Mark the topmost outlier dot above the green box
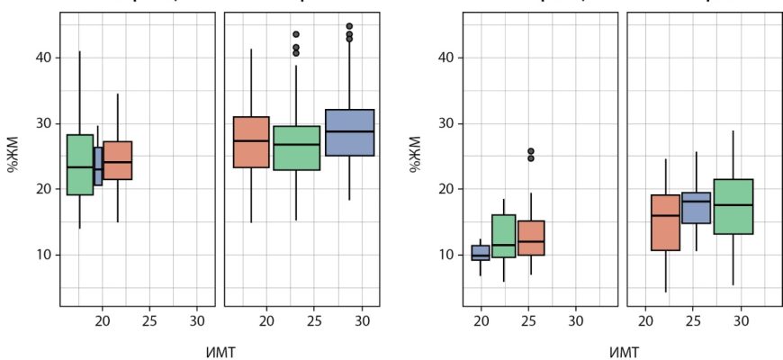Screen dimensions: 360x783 (x=296, y=34)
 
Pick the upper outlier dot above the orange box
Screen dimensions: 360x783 (x=531, y=151)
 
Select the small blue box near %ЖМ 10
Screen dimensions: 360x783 (x=481, y=252)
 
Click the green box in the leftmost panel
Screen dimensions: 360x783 (x=80, y=165)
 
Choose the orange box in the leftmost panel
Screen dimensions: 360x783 (x=117, y=160)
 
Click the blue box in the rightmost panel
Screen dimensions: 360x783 (x=696, y=208)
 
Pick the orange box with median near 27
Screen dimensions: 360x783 (x=251, y=142)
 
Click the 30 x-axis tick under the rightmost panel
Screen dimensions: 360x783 (x=741, y=320)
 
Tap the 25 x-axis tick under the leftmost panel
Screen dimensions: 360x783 (x=149, y=320)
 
